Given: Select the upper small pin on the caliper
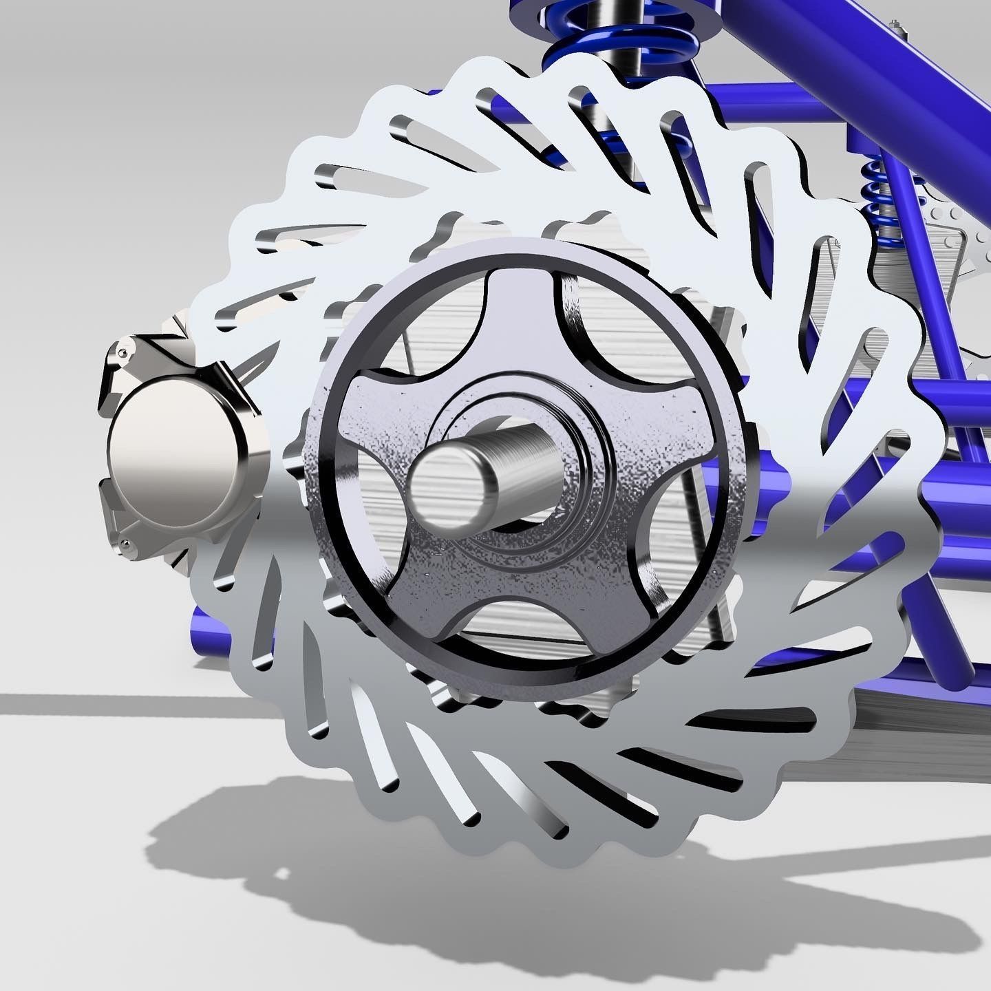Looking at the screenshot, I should click(x=122, y=352).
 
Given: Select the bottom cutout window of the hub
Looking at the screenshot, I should click(x=523, y=623).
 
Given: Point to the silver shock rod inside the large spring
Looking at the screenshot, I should click(x=630, y=28).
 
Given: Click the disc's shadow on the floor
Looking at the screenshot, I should click(x=344, y=860).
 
